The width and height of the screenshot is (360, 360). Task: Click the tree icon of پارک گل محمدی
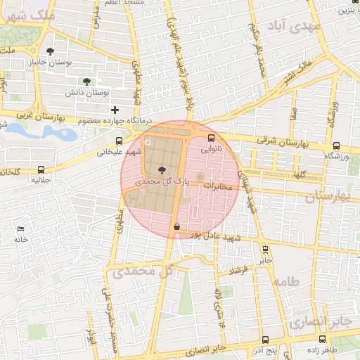pos(163,169)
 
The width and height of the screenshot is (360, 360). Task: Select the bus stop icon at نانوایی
pos(211,139)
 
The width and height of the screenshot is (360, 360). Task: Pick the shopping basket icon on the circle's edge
pos(176,226)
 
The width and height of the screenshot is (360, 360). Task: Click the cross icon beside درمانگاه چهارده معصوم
pos(115,110)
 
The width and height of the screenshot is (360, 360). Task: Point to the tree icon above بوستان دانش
pos(86,82)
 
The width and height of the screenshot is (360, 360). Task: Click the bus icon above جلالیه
pos(41,169)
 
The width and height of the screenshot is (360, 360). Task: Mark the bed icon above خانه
pos(20,229)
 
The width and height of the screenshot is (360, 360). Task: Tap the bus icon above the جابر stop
pos(265,249)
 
